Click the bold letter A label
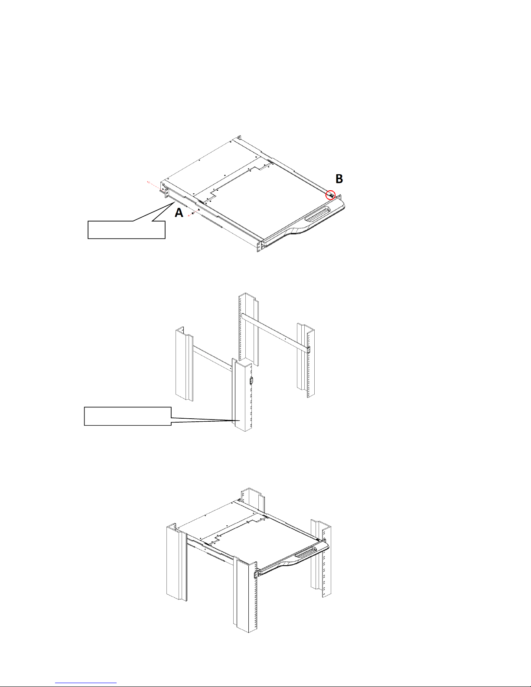(x=179, y=212)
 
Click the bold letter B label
(x=339, y=179)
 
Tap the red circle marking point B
(x=331, y=195)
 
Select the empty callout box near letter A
(x=127, y=230)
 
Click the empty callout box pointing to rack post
(x=128, y=417)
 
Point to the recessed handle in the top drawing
(x=318, y=215)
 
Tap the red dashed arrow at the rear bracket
(x=153, y=186)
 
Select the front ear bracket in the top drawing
(x=260, y=247)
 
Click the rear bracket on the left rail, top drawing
(x=166, y=193)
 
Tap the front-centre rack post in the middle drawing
(x=242, y=395)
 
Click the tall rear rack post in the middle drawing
(x=248, y=329)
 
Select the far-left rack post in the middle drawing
(x=184, y=364)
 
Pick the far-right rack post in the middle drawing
(x=306, y=361)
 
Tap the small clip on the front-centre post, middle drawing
(x=251, y=381)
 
